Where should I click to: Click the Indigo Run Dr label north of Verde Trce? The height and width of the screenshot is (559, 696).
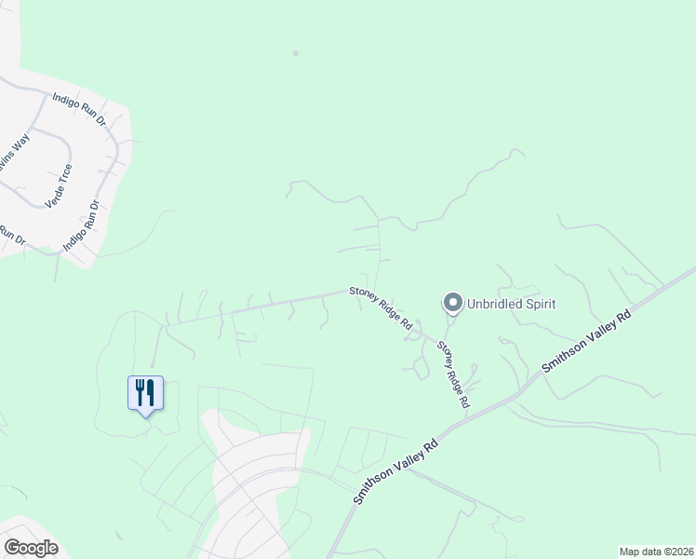coord(80,109)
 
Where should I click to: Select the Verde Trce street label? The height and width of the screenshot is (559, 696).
coord(59,186)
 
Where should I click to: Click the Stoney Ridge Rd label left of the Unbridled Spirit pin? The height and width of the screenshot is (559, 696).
coord(381,307)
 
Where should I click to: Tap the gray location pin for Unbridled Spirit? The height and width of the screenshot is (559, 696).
coord(452,303)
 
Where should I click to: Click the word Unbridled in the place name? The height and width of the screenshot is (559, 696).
coord(494,304)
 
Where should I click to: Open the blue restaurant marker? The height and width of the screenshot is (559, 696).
coord(145,393)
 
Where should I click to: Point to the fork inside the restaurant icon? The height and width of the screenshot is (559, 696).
coord(140,391)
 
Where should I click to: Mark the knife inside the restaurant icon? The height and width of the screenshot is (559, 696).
coord(150,391)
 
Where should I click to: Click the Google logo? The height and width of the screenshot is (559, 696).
coord(31,548)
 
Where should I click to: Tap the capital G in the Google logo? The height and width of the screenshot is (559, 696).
coord(11,548)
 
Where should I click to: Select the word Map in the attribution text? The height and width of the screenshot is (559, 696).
coord(630,552)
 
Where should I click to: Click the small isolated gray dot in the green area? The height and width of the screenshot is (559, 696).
coord(295,53)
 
